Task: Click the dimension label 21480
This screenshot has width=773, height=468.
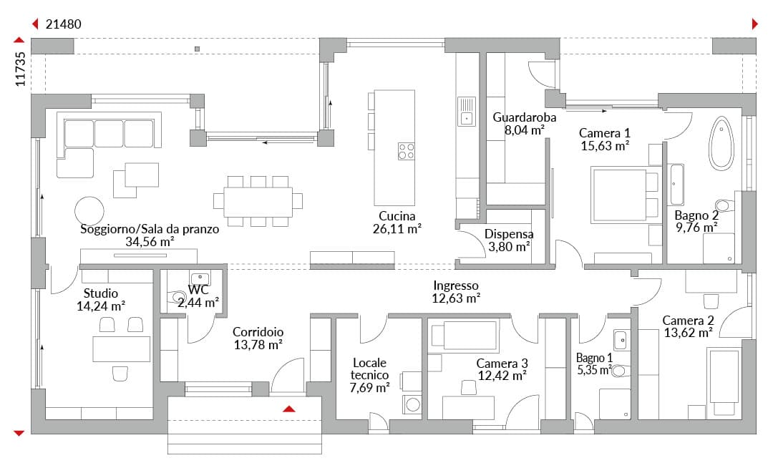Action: point(64,24)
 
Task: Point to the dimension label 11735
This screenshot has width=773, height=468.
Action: point(20,69)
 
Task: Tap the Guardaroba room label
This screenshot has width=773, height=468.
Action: point(525,117)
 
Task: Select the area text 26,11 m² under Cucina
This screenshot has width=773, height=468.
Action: point(397,228)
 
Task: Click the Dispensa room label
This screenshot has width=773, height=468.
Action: point(509,234)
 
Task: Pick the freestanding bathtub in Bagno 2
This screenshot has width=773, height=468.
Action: point(721,144)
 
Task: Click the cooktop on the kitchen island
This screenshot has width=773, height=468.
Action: point(407,151)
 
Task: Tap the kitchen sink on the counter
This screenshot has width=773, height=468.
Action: point(467,112)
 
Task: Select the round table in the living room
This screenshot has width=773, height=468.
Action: point(89,211)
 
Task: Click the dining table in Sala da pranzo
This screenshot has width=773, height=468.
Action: point(258,202)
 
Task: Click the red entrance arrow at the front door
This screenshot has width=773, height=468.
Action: point(289,409)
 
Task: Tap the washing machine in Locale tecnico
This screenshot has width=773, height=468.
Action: point(412,405)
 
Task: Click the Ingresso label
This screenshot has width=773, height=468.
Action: point(456,286)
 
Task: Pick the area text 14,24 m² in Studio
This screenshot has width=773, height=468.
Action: point(101,306)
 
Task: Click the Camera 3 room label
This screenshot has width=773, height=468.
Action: point(502,364)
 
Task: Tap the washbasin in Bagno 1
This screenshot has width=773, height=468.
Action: point(620,340)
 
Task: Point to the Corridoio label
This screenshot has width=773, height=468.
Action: point(258,332)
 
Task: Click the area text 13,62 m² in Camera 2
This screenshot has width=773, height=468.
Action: point(689,333)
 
